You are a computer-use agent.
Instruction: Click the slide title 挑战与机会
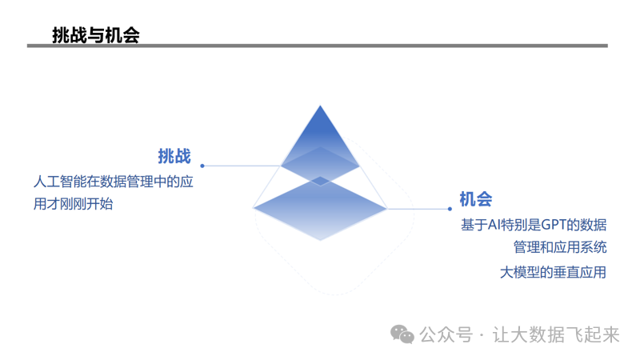tap(96, 35)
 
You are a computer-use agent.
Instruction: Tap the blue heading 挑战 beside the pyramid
tap(174, 156)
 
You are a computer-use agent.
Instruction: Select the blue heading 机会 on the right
tap(476, 199)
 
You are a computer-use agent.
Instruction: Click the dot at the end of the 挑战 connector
tap(202, 166)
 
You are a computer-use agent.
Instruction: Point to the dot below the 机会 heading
tap(450, 209)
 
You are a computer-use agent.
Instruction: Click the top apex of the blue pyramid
tap(320, 106)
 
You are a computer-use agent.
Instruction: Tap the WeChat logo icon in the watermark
tap(402, 334)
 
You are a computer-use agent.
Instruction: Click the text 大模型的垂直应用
tap(553, 272)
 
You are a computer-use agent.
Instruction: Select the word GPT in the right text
tap(554, 225)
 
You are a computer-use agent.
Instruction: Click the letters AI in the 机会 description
tap(494, 225)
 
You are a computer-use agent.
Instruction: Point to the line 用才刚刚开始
tap(73, 203)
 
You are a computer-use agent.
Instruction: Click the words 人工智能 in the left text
tap(60, 182)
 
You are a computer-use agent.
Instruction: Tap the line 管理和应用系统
tap(560, 247)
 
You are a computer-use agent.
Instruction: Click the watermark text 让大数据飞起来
tap(556, 334)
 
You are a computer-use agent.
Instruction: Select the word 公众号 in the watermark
tap(446, 334)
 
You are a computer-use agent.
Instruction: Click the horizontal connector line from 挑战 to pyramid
tap(242, 166)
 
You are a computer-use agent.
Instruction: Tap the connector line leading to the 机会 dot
tap(418, 209)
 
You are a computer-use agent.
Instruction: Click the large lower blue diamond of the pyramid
tap(320, 208)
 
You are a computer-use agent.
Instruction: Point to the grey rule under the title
tap(317, 46)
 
